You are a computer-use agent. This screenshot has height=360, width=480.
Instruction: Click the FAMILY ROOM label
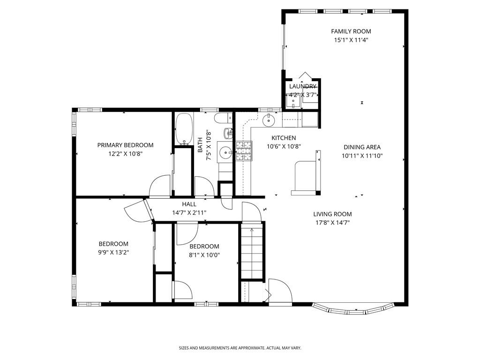(x=351, y=31)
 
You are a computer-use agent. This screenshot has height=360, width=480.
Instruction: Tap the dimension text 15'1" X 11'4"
(x=351, y=40)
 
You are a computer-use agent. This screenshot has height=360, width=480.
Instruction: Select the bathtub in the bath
(x=183, y=129)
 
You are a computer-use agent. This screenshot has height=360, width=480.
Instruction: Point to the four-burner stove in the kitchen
(x=243, y=151)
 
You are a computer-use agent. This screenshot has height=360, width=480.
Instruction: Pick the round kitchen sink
(x=269, y=120)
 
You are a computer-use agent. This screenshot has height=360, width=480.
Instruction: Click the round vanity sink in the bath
(x=226, y=152)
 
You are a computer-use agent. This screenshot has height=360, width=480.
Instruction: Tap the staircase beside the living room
(x=252, y=253)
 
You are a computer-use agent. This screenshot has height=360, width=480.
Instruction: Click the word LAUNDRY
(x=303, y=87)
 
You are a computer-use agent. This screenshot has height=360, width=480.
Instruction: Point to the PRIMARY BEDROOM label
(x=125, y=145)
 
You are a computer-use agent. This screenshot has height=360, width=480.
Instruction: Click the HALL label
(x=189, y=204)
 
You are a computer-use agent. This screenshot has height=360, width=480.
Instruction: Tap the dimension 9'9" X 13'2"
(x=113, y=252)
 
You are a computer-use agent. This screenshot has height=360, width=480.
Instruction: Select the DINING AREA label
(x=361, y=147)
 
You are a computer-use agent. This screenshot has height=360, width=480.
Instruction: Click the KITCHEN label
(x=284, y=138)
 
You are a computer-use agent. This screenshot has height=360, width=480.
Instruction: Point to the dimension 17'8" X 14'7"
(x=332, y=223)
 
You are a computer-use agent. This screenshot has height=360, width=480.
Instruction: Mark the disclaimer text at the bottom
(x=240, y=348)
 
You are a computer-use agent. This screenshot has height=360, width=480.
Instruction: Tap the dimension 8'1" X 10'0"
(x=204, y=255)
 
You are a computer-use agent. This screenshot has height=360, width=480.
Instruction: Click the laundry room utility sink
(x=293, y=100)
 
